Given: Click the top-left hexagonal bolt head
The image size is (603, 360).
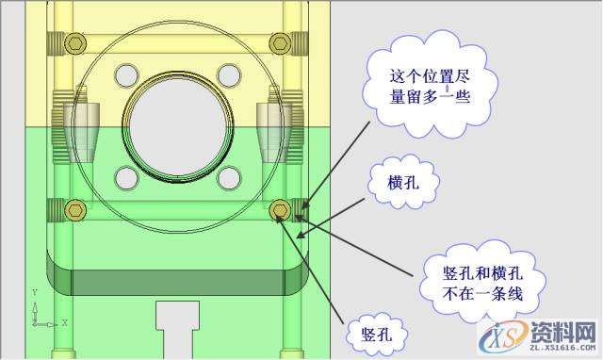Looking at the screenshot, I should (x=76, y=42).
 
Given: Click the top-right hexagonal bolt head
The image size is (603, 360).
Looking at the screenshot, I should (x=279, y=42).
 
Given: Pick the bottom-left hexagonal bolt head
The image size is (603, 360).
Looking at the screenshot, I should (x=76, y=208).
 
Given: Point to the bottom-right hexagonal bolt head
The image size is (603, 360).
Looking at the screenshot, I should (x=279, y=208).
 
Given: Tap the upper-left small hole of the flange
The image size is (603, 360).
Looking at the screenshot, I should (x=123, y=74).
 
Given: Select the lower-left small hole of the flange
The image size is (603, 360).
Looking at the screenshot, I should (x=123, y=175).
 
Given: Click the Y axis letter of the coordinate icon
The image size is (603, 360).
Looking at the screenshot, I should (x=34, y=292).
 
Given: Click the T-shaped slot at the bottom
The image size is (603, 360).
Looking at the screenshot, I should (x=176, y=325).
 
